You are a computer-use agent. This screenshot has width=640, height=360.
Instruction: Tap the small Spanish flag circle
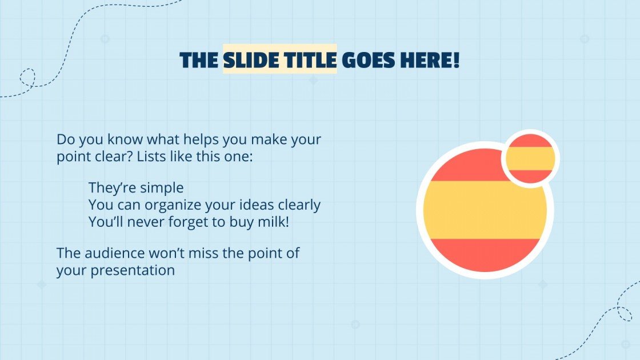[530, 159]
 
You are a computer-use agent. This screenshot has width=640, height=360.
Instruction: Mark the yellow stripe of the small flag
[530, 158]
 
